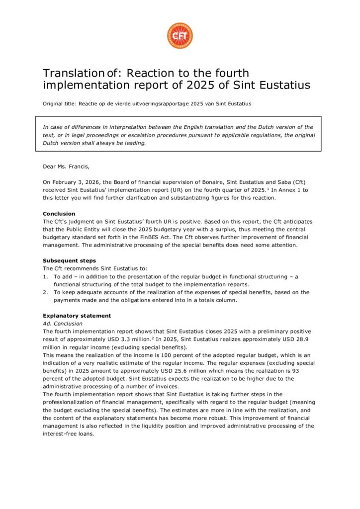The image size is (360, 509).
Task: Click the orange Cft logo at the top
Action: (x=180, y=36)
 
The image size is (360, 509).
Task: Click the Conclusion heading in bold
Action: (x=59, y=214)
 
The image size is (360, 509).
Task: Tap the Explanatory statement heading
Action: (x=77, y=316)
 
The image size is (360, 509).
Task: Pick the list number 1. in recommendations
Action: (x=45, y=276)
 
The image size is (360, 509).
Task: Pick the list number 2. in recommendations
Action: (x=45, y=292)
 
